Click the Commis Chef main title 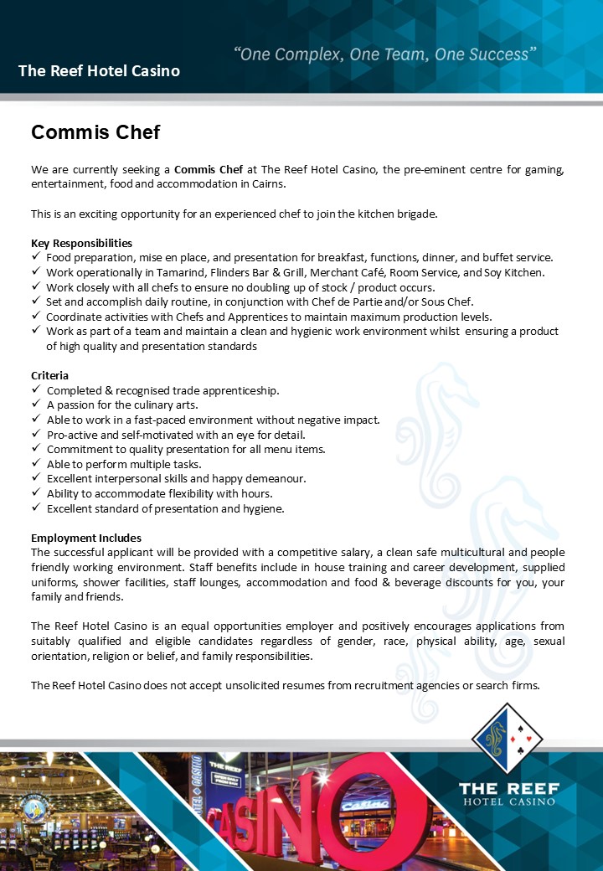(95, 132)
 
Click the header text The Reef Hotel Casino (99, 71)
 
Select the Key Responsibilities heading (81, 243)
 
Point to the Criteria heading (49, 375)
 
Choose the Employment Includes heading (86, 538)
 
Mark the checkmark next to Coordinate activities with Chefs (36, 317)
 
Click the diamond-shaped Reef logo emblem (507, 738)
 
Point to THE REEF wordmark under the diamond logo (507, 788)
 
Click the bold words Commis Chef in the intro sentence (209, 169)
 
